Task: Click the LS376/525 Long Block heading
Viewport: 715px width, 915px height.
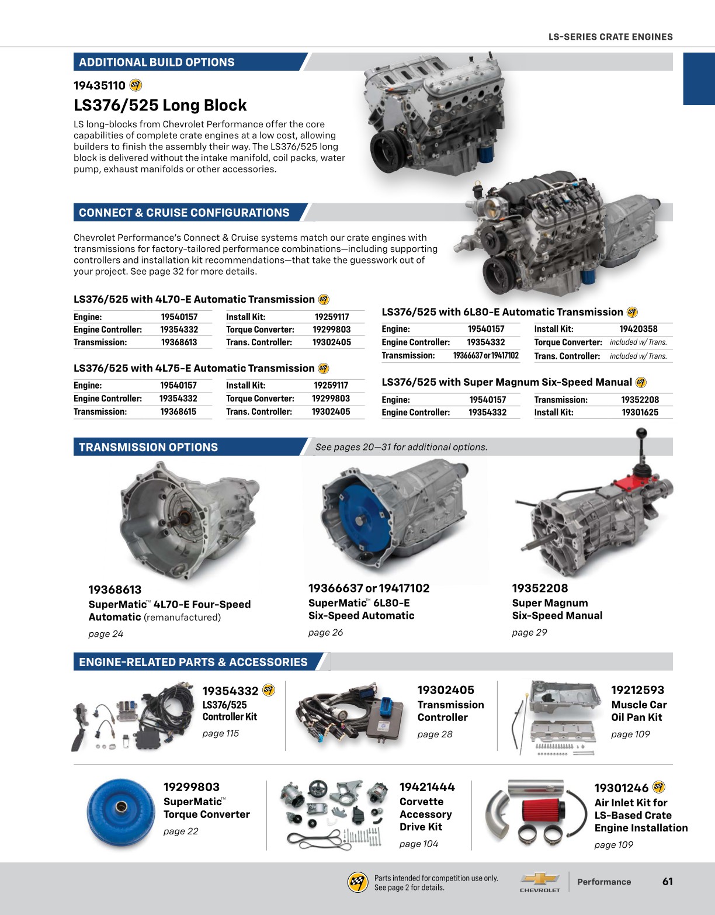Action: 160,105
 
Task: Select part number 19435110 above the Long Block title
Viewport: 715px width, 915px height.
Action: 99,86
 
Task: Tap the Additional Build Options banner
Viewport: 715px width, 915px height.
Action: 157,62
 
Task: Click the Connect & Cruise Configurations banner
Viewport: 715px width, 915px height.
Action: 184,213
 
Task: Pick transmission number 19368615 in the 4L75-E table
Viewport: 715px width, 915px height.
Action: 178,412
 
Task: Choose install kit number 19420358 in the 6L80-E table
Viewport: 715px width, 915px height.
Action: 638,329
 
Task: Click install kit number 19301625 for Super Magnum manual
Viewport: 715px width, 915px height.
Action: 640,413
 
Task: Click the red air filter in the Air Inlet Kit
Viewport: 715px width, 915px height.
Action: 542,811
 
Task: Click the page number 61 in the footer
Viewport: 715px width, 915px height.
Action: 667,882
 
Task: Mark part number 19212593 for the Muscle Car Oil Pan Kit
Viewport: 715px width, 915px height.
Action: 637,690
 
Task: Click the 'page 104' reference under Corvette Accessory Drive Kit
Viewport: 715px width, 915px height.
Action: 418,844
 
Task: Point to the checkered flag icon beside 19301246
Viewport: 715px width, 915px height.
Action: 658,787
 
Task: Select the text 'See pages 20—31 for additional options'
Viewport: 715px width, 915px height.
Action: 401,447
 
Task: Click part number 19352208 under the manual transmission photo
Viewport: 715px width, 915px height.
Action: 540,588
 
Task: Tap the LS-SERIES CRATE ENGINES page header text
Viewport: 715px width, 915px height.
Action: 610,37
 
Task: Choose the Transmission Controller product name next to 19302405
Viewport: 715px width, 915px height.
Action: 450,711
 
